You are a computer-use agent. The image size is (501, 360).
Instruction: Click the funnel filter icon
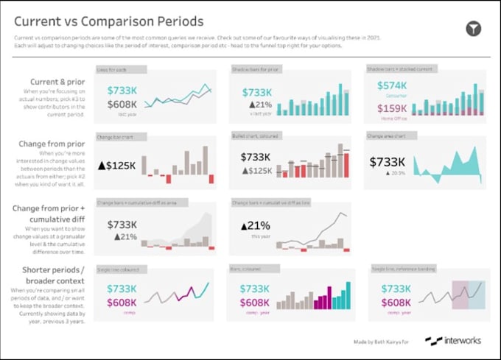pos(474,29)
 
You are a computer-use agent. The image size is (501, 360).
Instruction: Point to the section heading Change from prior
pos(51,145)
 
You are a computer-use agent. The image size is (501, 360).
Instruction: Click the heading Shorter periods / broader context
pos(49,275)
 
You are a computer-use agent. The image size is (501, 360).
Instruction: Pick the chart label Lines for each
pos(113,69)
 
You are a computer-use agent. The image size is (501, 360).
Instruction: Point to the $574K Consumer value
pos(392,85)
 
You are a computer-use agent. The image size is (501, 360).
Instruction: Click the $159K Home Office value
pos(392,108)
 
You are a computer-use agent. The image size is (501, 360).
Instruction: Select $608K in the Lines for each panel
pos(122,105)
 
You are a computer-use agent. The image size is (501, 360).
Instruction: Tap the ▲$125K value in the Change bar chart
pos(116,166)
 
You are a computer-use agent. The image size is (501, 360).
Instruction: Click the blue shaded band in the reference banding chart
pos(477,294)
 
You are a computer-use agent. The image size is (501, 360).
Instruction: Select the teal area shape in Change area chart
pos(449,166)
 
